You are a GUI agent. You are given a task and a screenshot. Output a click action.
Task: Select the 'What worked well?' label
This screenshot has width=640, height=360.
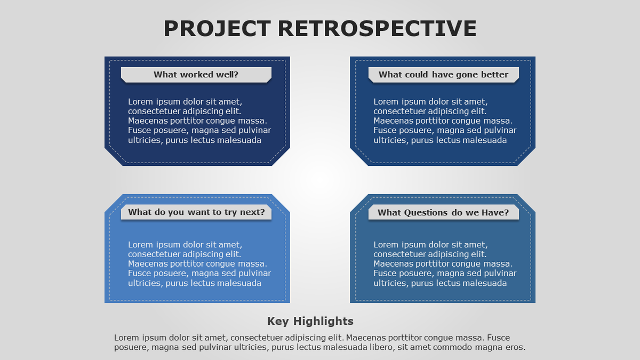(x=196, y=75)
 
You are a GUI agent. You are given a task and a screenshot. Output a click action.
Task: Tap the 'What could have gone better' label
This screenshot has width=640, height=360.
(x=443, y=75)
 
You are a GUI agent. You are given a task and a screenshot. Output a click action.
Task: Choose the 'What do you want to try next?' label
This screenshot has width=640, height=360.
(x=196, y=212)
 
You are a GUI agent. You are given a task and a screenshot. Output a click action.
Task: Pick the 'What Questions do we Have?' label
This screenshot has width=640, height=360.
(x=443, y=213)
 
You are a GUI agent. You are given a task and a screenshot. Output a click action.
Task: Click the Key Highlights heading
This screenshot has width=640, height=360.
(x=310, y=321)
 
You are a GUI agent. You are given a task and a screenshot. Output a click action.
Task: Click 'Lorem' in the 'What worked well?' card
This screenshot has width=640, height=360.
(x=140, y=102)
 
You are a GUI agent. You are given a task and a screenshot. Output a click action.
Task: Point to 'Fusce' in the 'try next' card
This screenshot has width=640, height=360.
(x=140, y=274)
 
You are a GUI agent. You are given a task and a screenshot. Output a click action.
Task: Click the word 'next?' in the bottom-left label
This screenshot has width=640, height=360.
(x=252, y=212)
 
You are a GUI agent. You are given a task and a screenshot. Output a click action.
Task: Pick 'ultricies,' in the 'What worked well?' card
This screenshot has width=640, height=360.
(x=146, y=140)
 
